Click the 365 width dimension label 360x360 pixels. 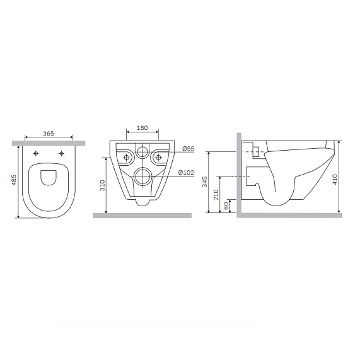tap(48, 134)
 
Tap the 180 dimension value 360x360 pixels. tap(142, 128)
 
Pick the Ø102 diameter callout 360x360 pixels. tap(186, 172)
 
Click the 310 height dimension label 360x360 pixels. tap(102, 185)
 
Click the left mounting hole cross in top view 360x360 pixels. tap(37, 154)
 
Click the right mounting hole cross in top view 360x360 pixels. tap(61, 154)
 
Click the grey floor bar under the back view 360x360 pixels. tap(142, 216)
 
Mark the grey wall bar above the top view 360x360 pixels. tap(49, 142)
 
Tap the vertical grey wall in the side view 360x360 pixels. tap(238, 173)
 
